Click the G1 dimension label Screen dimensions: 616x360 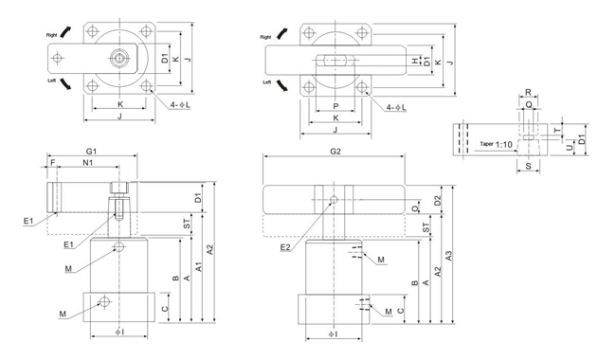91,152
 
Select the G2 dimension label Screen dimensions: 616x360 335,152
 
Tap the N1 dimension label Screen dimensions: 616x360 87,162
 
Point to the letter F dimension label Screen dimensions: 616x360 53,162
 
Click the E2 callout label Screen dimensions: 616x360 285,247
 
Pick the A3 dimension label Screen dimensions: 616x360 448,256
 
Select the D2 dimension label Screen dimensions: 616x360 438,201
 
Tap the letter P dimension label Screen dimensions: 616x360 335,106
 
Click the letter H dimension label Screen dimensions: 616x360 415,62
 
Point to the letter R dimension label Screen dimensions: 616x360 528,92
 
